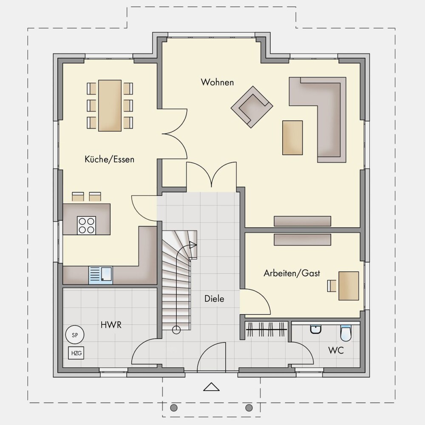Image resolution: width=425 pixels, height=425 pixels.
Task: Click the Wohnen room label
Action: tap(217, 82)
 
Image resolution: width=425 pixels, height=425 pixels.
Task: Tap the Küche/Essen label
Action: tap(110, 159)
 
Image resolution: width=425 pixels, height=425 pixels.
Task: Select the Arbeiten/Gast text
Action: tap(292, 273)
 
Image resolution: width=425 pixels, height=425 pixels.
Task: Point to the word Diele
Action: tap(214, 299)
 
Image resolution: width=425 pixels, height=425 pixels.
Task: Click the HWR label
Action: tap(111, 325)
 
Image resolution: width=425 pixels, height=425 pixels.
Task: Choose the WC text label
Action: tap(336, 350)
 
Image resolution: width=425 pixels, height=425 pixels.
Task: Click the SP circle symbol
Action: tap(75, 335)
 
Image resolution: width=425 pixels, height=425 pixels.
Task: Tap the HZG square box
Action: tap(76, 353)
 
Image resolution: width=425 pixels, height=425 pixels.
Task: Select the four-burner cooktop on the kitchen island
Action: tap(86, 225)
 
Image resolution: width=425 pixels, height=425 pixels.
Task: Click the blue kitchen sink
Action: tap(101, 275)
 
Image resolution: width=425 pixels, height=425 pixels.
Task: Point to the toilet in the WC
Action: tap(346, 333)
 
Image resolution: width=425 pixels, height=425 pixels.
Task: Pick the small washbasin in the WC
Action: tap(316, 330)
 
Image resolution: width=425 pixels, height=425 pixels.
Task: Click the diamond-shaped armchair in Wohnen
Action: tap(252, 107)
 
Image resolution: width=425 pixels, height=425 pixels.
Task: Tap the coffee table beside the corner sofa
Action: tap(292, 138)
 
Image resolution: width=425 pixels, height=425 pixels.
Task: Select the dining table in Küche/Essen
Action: tap(110, 105)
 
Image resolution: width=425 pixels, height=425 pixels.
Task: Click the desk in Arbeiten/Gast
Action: tap(349, 286)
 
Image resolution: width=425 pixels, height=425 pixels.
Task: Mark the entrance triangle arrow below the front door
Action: tap(211, 387)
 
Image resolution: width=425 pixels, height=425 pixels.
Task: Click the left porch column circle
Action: tap(174, 408)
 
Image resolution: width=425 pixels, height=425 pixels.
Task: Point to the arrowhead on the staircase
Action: tap(193, 245)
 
